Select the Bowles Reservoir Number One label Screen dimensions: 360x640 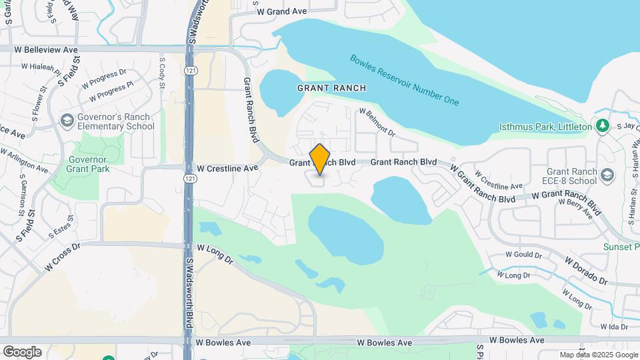click(x=405, y=80)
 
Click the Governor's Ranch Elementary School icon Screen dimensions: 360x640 click(x=67, y=121)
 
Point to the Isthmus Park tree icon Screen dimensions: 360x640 click(x=603, y=125)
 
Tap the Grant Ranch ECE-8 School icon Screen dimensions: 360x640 click(x=607, y=175)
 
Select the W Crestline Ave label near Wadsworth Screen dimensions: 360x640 click(x=227, y=169)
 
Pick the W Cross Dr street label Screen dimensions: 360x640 click(x=63, y=256)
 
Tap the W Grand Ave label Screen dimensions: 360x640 click(x=281, y=11)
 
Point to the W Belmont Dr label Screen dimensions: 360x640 click(x=377, y=123)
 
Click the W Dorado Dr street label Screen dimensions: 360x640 click(x=586, y=272)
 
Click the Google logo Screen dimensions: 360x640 click(x=22, y=352)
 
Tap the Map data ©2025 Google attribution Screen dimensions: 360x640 click(x=598, y=355)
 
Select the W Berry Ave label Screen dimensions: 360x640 click(x=575, y=209)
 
